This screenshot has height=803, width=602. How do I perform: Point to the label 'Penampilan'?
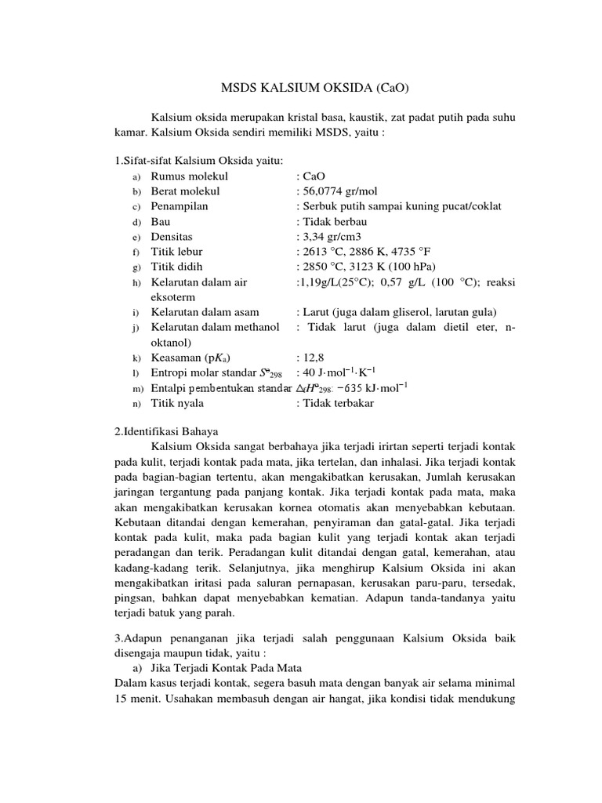(180, 206)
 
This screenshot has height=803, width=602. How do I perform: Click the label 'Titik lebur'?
(176, 252)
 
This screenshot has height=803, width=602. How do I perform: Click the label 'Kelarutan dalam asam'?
(205, 312)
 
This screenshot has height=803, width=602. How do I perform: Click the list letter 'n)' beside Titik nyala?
(136, 404)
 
